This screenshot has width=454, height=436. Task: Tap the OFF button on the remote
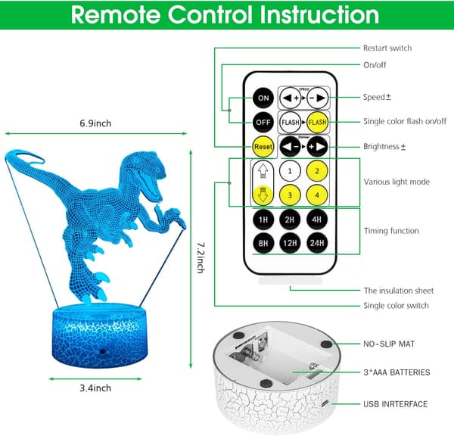(263, 123)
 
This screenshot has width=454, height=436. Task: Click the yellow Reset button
(263, 147)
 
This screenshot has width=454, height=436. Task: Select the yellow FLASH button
(317, 123)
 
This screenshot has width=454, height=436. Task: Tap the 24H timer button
(317, 243)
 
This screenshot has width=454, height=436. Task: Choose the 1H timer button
(263, 220)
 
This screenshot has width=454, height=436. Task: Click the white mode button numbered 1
(290, 171)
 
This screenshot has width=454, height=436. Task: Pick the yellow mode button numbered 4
(317, 195)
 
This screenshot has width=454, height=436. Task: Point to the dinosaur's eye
(158, 170)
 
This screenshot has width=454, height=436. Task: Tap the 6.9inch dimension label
(95, 123)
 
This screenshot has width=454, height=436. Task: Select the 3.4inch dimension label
(95, 388)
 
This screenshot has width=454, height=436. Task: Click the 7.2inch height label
(201, 258)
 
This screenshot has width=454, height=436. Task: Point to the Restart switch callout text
(387, 48)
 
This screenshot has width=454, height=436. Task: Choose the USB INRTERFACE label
(396, 404)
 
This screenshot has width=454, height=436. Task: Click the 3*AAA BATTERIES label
(396, 372)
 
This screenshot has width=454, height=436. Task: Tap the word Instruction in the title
(319, 14)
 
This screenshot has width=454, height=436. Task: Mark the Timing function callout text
(391, 231)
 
